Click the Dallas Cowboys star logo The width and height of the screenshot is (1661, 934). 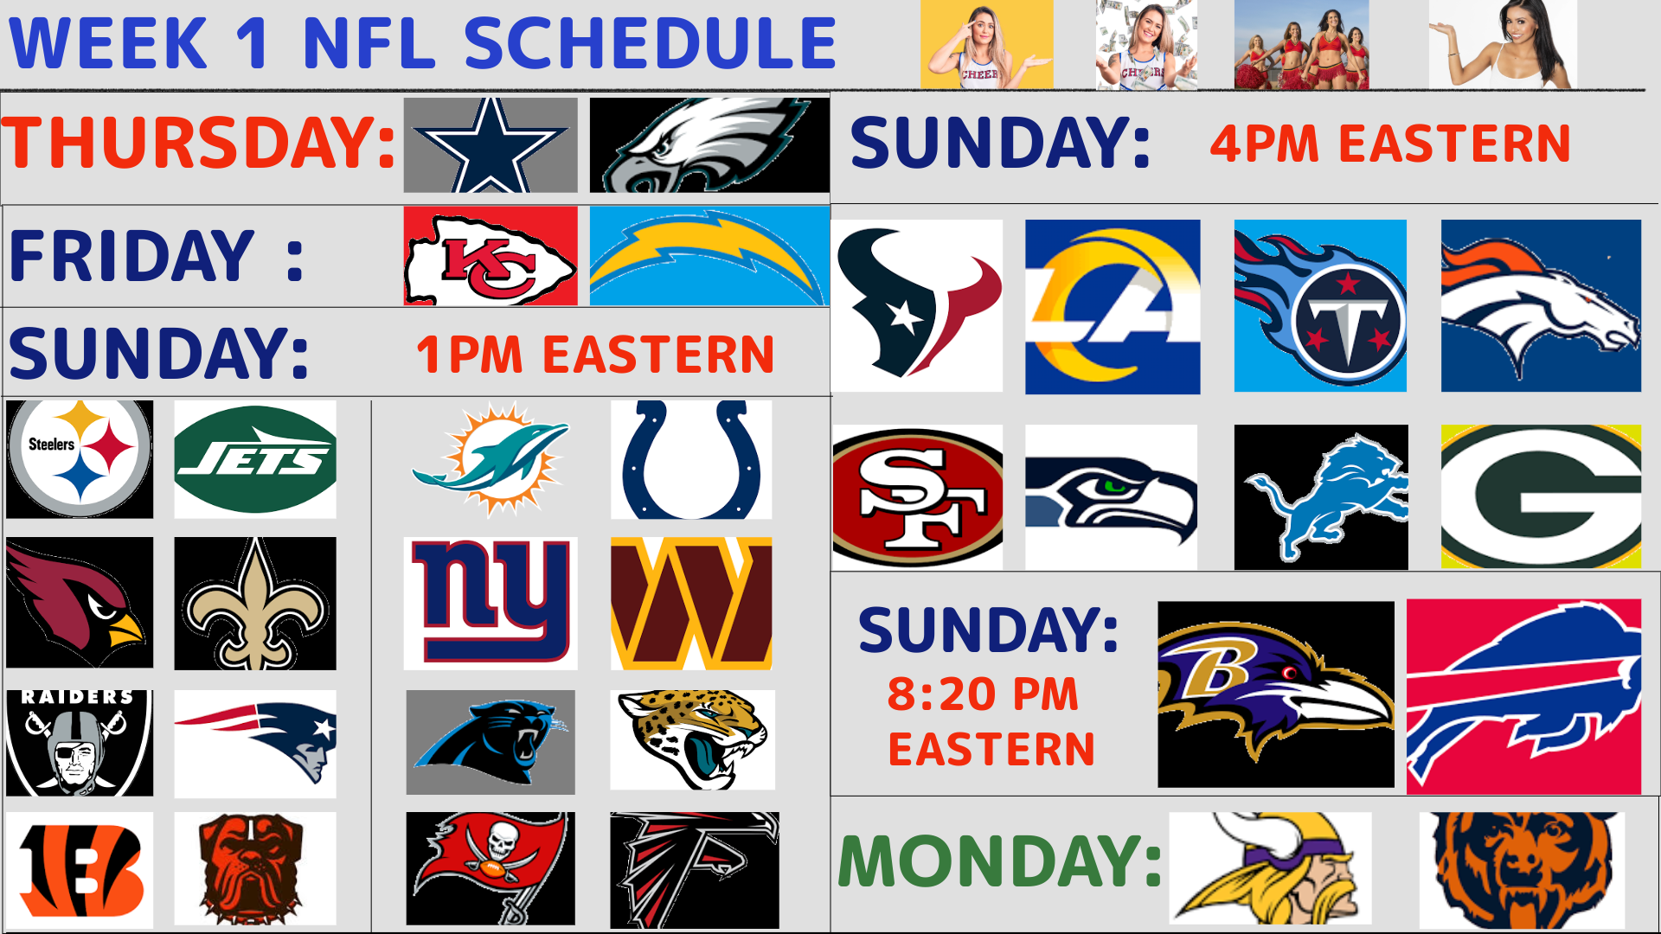click(491, 144)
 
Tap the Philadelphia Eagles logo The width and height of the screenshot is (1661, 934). click(709, 144)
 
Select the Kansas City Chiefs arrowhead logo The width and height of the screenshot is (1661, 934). click(491, 256)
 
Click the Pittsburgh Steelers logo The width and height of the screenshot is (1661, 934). click(80, 459)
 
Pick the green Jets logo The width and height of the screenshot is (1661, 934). click(255, 459)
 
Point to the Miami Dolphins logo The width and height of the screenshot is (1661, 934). click(491, 459)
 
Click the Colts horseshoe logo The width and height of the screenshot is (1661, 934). click(691, 459)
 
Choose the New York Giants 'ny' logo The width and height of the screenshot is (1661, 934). click(491, 604)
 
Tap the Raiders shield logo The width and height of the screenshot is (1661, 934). click(80, 743)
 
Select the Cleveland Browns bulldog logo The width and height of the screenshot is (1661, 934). click(255, 868)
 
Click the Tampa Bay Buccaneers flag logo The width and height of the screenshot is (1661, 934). click(491, 868)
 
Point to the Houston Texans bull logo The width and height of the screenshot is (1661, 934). click(917, 305)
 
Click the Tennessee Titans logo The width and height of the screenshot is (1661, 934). click(1320, 305)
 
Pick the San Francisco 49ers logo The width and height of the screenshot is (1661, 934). click(918, 497)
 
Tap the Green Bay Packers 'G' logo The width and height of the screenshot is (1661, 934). click(1541, 497)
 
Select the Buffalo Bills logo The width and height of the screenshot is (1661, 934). click(1523, 697)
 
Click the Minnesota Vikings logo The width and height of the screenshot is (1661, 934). click(1270, 868)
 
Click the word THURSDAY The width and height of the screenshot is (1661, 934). click(198, 143)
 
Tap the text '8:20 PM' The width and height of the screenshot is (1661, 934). click(984, 694)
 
